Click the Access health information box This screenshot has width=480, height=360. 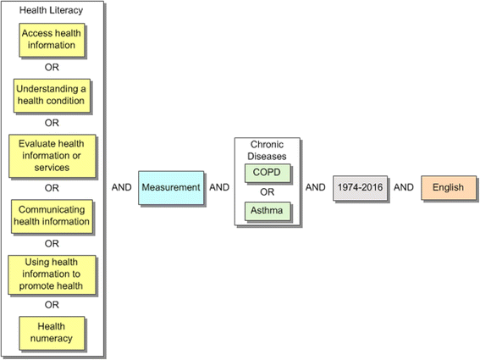tap(52, 40)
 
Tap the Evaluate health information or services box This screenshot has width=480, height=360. tap(52, 156)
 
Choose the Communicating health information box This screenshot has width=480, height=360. tap(52, 216)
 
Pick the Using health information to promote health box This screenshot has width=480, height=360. tap(52, 274)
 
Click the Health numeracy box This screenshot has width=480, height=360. tap(52, 332)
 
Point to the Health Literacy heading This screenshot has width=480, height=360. tap(52, 10)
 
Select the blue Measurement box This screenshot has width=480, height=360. tap(171, 187)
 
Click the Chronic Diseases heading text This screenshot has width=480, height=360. tap(267, 150)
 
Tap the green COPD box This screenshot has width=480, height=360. tap(267, 172)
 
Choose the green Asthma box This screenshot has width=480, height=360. tap(267, 208)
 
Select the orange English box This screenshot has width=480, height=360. tap(448, 187)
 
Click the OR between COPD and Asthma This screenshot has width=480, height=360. tap(267, 191)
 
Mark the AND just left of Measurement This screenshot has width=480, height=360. tap(122, 187)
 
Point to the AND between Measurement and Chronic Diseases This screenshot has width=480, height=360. tap(219, 187)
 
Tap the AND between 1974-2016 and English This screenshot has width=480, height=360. tap(404, 187)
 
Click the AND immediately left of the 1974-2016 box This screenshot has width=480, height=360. tap(315, 187)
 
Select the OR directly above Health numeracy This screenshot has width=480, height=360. tap(52, 305)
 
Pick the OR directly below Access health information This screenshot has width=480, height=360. tap(52, 67)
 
